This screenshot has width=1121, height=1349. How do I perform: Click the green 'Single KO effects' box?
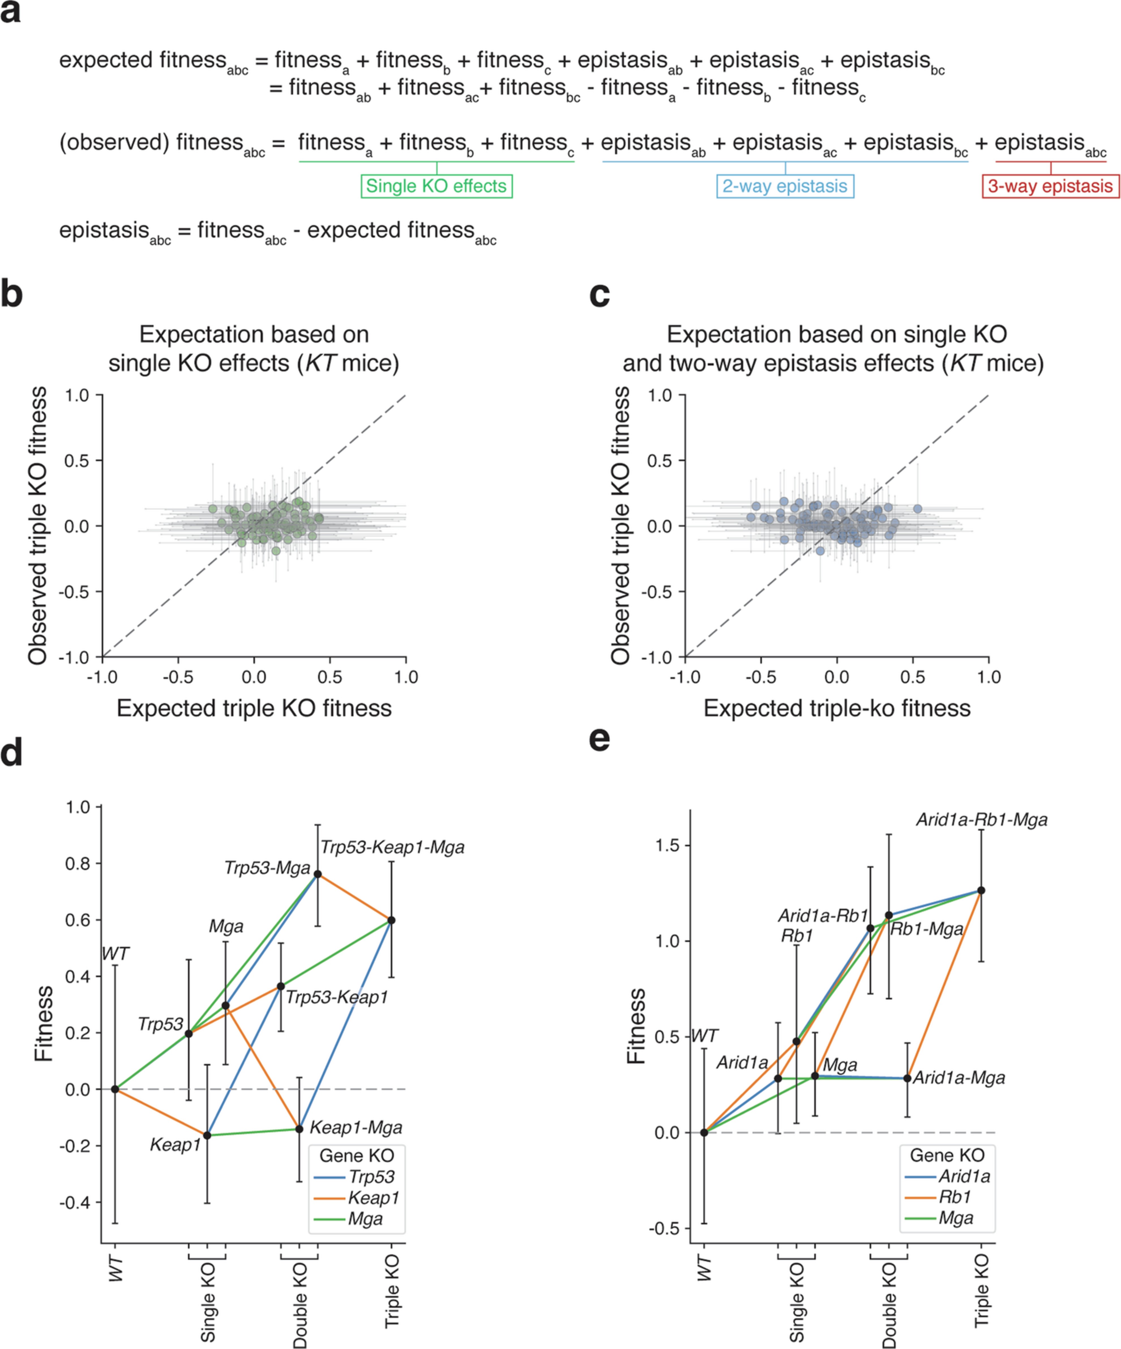[x=437, y=186]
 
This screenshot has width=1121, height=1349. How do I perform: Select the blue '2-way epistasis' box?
[x=785, y=186]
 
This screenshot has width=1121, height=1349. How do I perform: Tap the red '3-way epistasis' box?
[x=1050, y=186]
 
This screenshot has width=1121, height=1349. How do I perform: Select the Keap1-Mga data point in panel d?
[x=299, y=1129]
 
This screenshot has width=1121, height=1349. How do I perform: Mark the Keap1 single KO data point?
[x=207, y=1135]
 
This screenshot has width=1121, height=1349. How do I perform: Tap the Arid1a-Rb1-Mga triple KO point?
[x=981, y=890]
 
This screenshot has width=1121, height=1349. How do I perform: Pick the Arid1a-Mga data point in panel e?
[x=907, y=1078]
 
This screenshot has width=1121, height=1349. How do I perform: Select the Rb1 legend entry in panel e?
[x=955, y=1197]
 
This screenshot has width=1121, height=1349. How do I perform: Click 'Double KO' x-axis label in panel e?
[x=889, y=1304]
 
